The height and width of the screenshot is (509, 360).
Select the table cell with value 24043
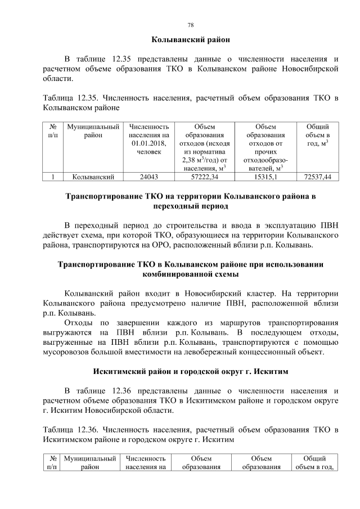148,177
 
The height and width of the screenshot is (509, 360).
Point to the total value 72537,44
317,177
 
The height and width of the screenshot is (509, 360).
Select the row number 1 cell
52,177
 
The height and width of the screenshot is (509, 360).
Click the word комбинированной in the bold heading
191,274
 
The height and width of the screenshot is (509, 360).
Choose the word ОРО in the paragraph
204,245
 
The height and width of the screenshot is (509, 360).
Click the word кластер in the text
258,294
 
